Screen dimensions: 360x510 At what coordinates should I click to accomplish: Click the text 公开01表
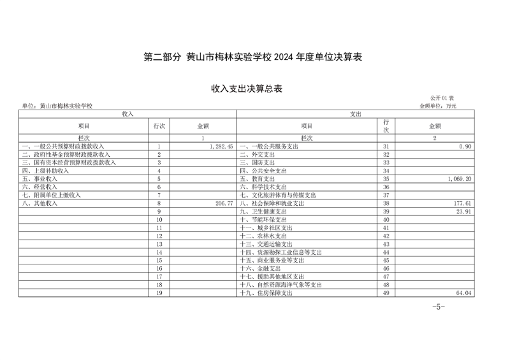(441, 97)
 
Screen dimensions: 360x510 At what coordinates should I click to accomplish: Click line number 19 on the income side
(159, 293)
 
